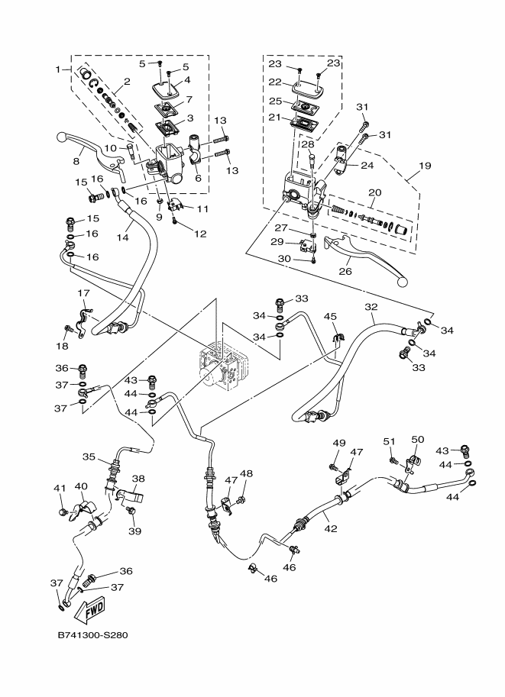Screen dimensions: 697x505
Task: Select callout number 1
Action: (57, 69)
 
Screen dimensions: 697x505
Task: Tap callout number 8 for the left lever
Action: (76, 162)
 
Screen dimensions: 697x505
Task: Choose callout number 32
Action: (371, 306)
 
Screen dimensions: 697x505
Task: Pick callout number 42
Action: (329, 527)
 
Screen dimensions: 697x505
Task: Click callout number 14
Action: (122, 238)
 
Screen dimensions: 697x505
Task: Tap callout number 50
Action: (417, 439)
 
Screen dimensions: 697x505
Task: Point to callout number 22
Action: (276, 82)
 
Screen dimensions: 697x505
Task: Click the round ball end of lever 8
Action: (61, 137)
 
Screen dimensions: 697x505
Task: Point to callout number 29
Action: (277, 241)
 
